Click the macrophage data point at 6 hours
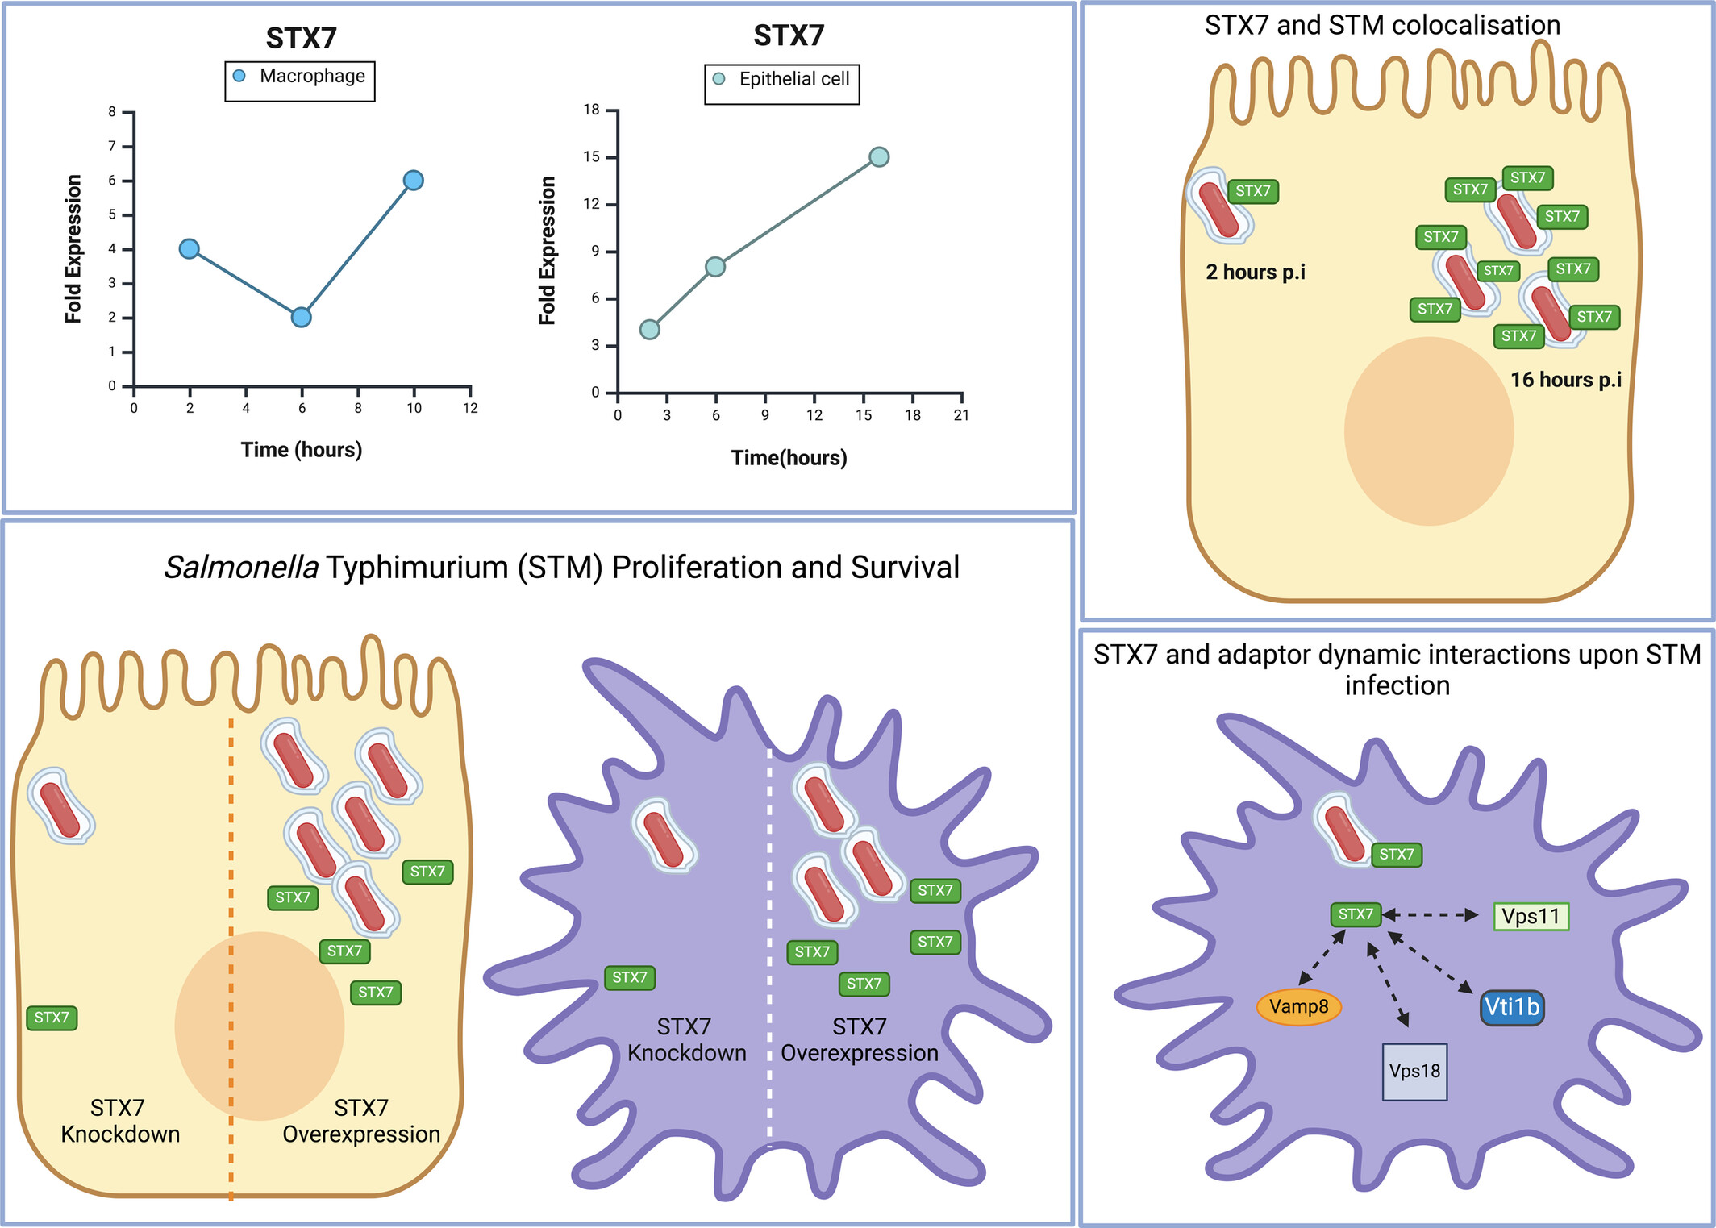[301, 317]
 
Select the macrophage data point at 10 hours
[413, 180]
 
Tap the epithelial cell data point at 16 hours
[879, 156]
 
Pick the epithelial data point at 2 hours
[649, 329]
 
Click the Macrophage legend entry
[300, 77]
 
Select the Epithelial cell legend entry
[782, 80]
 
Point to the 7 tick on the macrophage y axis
[113, 146]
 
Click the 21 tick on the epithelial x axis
[961, 414]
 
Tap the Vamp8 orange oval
[1298, 1006]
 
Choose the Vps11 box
[1531, 916]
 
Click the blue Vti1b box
[1512, 1007]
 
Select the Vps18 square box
[1414, 1072]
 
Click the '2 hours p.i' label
[1255, 273]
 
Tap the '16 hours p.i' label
[1565, 380]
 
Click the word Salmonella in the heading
[241, 568]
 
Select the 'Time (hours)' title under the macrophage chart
[301, 450]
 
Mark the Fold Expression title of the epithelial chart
[548, 250]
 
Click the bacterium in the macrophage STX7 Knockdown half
[664, 835]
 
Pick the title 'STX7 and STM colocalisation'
[1382, 25]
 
